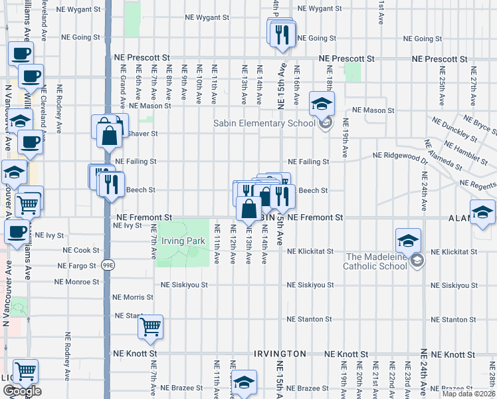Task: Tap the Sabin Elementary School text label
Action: click(x=264, y=123)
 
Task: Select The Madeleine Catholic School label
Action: click(x=375, y=261)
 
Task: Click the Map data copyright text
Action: click(x=468, y=394)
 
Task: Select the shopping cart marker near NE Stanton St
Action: click(x=151, y=327)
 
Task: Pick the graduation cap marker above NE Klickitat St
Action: click(x=408, y=241)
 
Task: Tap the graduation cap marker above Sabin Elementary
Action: click(x=322, y=104)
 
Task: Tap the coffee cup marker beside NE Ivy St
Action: click(x=17, y=232)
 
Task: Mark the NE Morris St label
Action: click(x=134, y=297)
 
